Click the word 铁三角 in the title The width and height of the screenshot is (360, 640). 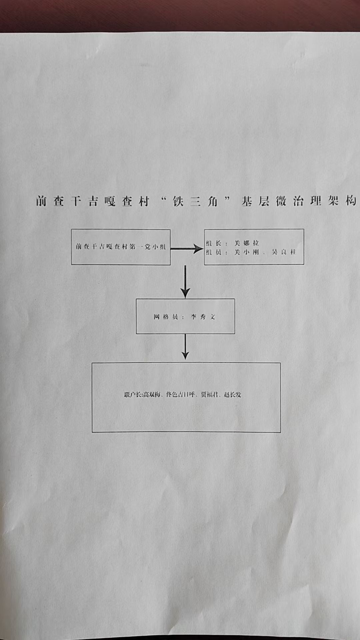(x=195, y=202)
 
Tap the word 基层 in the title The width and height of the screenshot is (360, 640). (x=255, y=202)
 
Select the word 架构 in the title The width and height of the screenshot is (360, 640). (x=342, y=201)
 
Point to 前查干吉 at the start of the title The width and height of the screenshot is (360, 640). (x=67, y=201)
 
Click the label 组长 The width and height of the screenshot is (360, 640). (x=214, y=243)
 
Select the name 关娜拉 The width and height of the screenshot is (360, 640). (x=246, y=243)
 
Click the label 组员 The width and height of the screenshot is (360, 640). (x=214, y=252)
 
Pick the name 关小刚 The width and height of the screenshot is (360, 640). (x=246, y=252)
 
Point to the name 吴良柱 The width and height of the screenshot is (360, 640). (x=284, y=252)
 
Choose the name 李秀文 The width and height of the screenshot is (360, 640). (x=203, y=317)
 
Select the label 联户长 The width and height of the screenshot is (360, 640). (x=132, y=395)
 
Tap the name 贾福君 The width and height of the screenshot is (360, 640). (x=209, y=395)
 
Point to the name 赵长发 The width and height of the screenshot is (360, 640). (x=233, y=395)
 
